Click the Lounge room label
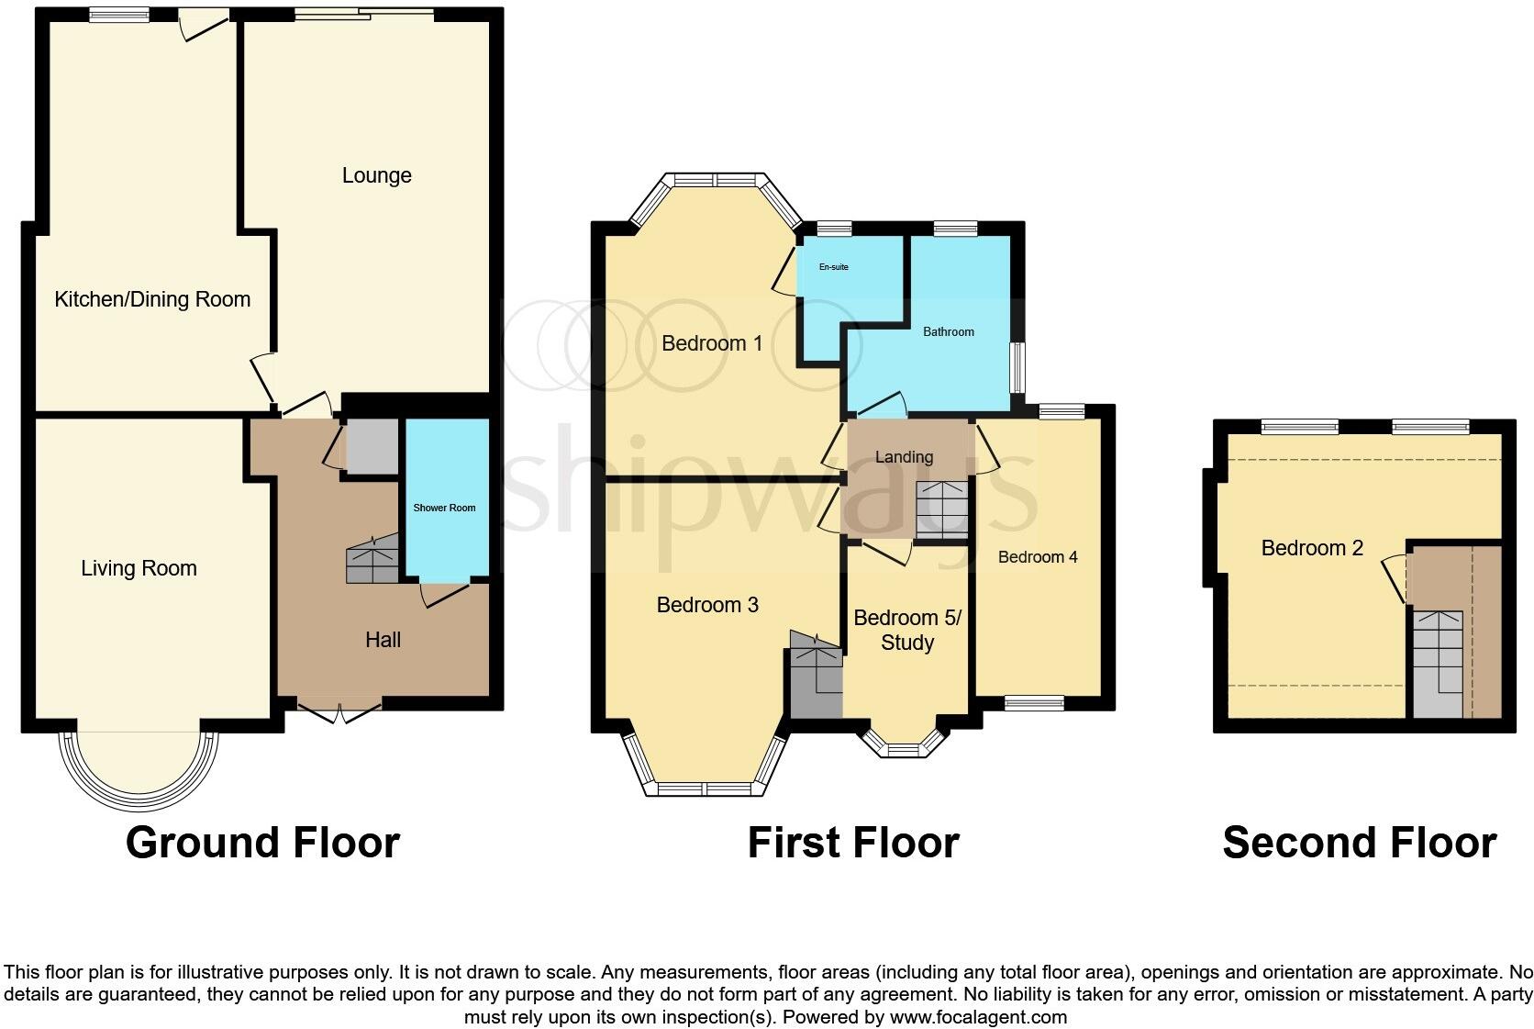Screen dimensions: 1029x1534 (376, 175)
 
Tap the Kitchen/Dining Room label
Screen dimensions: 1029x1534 (152, 299)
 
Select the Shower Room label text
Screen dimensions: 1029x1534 (444, 508)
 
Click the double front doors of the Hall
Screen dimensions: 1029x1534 (339, 712)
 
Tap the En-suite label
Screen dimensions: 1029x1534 (833, 267)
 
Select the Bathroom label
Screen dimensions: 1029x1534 (948, 331)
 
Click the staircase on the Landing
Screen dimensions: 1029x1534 (942, 509)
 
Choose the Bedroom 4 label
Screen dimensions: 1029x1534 (1038, 557)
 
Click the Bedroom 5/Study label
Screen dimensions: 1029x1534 (906, 630)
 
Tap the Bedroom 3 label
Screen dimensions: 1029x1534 (707, 605)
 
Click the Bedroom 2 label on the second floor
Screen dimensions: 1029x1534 (1311, 548)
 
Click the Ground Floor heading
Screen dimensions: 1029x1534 (262, 843)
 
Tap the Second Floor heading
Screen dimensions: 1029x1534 (1359, 843)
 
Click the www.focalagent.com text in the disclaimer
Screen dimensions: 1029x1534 (978, 1017)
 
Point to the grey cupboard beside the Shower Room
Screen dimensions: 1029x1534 (372, 447)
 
